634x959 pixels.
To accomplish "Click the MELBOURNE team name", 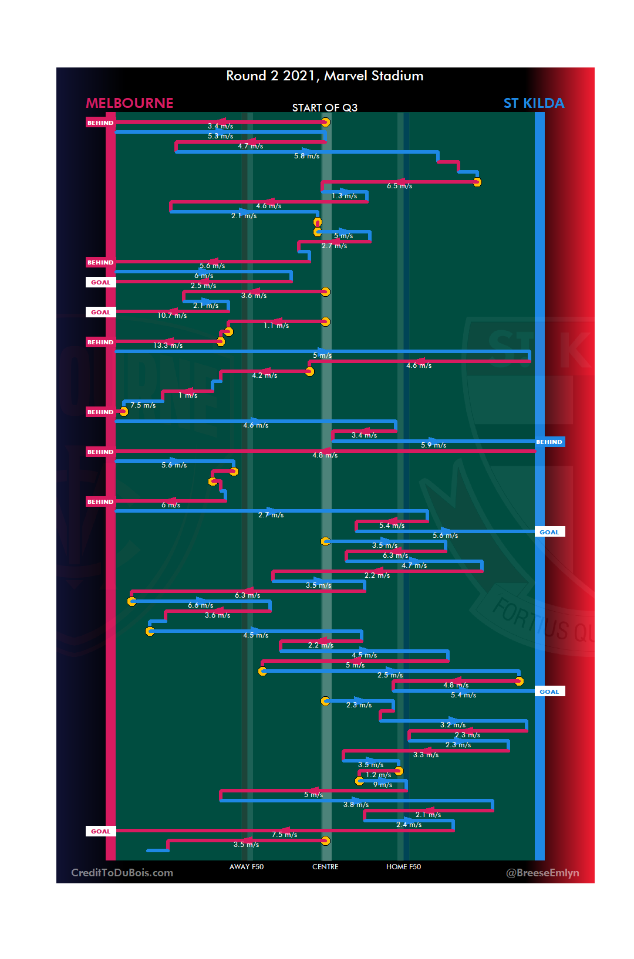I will [x=130, y=103].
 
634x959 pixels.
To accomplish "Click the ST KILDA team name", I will [x=534, y=103].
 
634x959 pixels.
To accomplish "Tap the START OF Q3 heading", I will [x=325, y=107].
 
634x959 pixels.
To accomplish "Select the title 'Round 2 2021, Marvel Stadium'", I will [x=325, y=76].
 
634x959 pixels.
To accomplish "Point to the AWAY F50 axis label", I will [x=247, y=866].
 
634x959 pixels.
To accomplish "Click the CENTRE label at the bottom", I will [x=325, y=866].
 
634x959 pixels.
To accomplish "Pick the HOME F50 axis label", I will [x=403, y=866].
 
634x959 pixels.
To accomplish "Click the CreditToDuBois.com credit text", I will [x=122, y=873].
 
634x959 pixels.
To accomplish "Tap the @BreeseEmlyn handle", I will [x=542, y=873].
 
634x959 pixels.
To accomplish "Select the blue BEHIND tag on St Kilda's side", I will [x=549, y=442].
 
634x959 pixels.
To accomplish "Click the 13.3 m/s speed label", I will [x=168, y=345].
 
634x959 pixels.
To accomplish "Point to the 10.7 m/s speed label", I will [x=172, y=316].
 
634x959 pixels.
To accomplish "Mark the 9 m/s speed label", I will [x=383, y=785].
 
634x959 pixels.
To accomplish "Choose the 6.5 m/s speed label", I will [x=399, y=186].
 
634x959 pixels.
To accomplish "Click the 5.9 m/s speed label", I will [x=433, y=445].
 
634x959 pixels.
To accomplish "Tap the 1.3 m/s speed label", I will [x=344, y=196].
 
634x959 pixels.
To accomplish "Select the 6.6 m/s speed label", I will [x=200, y=605].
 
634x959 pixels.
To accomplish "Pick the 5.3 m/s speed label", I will [x=220, y=136].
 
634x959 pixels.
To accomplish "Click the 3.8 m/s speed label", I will [x=356, y=805].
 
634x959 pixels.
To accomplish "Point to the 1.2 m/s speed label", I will [x=378, y=775].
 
